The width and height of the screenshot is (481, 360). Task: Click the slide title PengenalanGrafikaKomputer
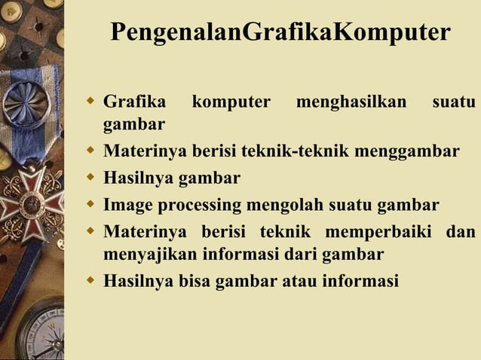pos(280,33)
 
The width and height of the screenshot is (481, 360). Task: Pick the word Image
pos(127,204)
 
